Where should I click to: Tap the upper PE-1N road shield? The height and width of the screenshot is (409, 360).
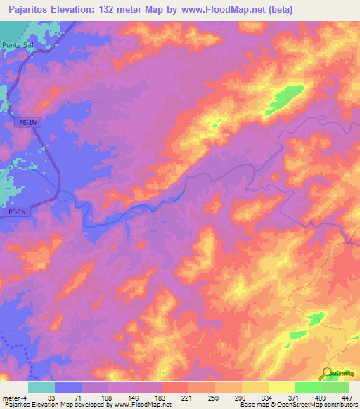point(24,122)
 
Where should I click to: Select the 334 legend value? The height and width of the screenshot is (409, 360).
point(268,397)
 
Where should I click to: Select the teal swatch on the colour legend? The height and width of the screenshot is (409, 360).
point(41,387)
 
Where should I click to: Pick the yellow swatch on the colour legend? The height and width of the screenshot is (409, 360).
point(281,387)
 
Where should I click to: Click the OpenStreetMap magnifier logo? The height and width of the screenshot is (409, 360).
point(328,375)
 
